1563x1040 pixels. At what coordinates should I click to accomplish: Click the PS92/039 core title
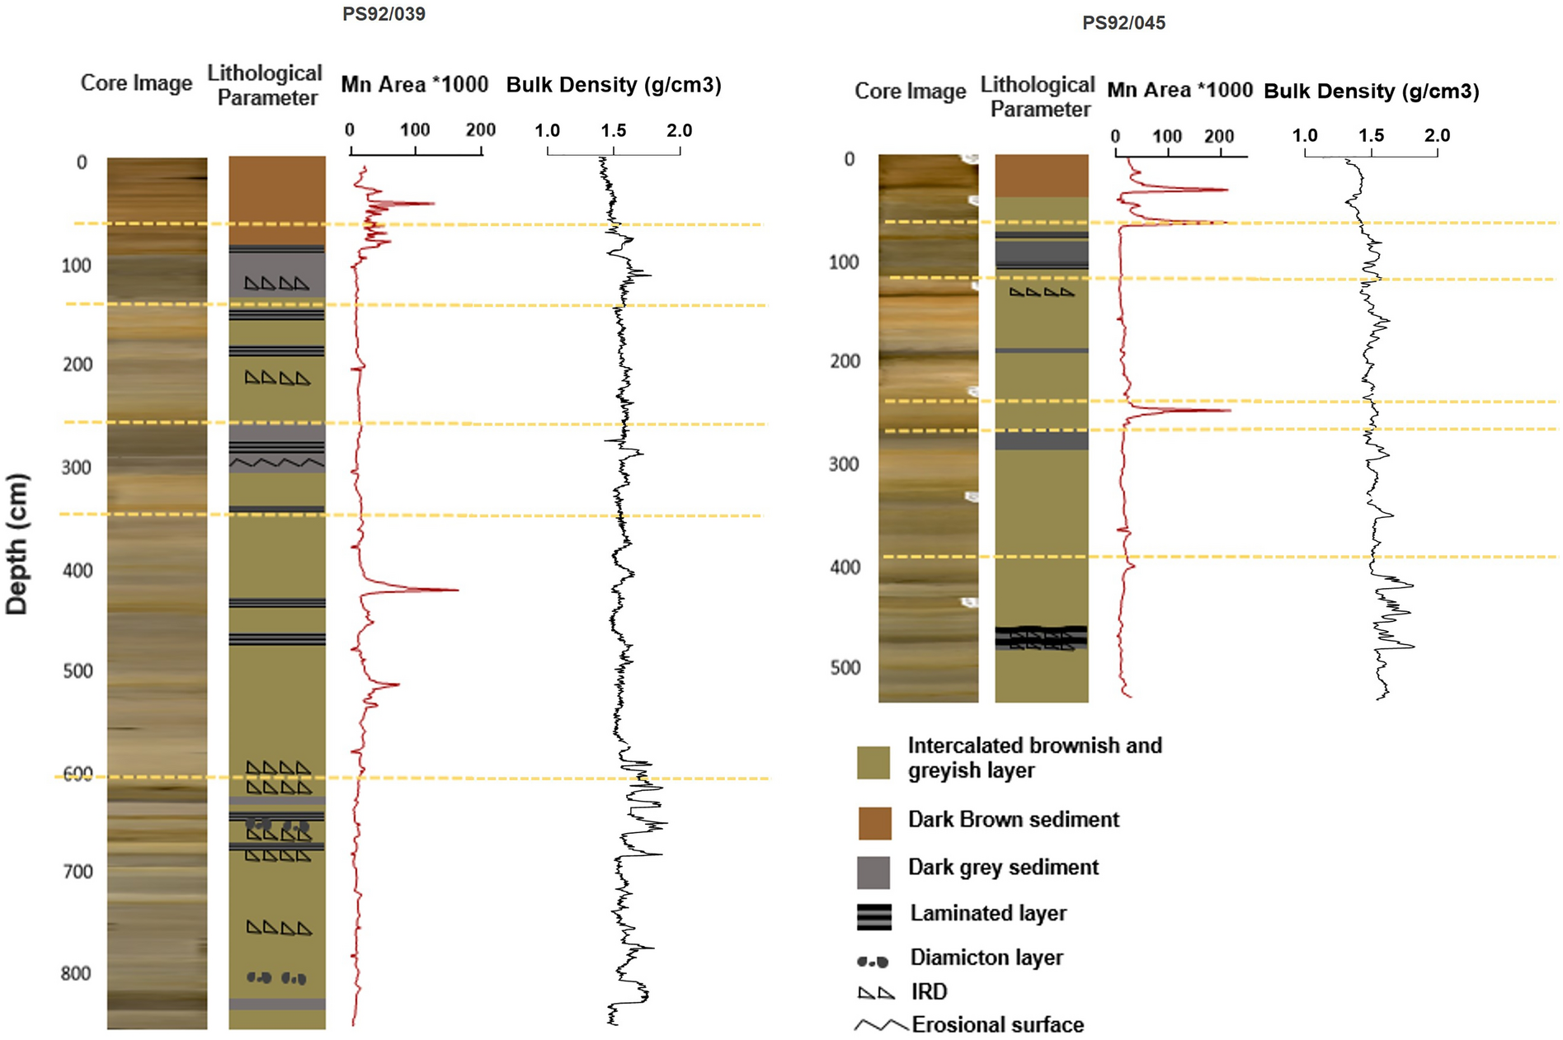384,14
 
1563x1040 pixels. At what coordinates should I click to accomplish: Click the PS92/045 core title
1123,23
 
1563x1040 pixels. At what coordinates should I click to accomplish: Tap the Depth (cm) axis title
17,544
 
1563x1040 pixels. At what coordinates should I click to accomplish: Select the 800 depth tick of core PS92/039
76,973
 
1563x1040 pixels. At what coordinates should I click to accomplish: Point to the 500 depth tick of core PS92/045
845,667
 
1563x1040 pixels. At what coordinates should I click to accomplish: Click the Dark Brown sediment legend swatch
874,823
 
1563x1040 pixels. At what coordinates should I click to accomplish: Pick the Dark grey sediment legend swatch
874,872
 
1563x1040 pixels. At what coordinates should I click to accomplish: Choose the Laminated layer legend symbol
874,916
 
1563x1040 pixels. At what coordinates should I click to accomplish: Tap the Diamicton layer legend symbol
873,962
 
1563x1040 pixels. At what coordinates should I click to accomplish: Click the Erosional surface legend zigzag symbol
881,1025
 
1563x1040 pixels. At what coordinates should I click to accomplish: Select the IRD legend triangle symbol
876,993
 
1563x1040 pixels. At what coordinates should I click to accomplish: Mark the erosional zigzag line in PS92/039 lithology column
277,464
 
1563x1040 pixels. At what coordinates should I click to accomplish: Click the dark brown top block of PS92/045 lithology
1041,175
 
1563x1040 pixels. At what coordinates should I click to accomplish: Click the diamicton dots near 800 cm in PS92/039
277,978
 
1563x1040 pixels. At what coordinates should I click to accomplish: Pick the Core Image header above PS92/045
910,91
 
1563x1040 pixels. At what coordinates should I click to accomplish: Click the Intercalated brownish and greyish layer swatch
873,762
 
